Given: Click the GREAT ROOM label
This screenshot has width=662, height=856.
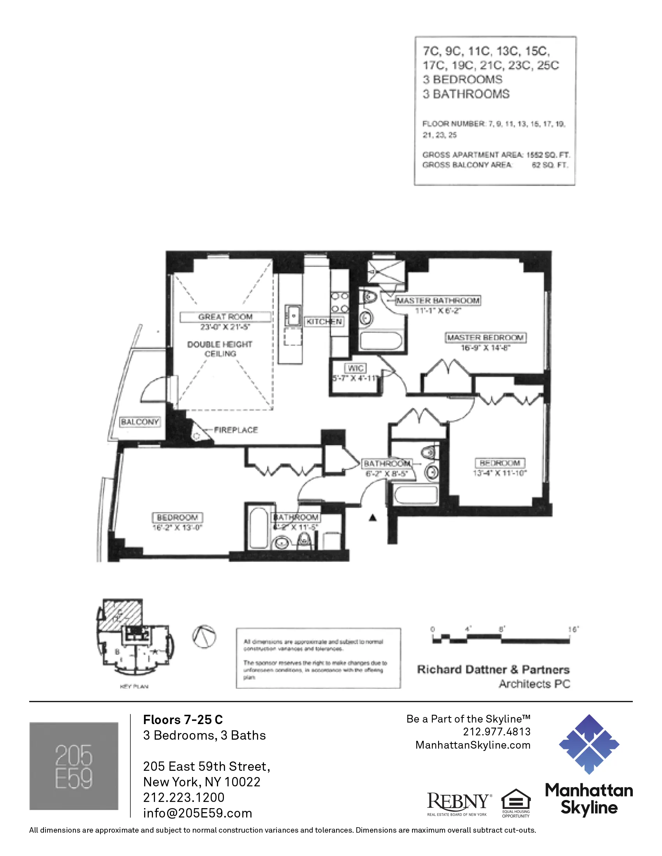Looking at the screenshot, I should [225, 317].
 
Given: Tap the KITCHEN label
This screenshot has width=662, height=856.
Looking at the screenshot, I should [324, 322].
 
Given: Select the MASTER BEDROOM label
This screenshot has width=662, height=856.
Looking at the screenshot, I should [486, 337].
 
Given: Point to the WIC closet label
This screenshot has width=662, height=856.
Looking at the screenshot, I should [355, 368].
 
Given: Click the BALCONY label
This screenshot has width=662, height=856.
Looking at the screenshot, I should [140, 422].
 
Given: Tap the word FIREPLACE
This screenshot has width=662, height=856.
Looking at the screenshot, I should [236, 430].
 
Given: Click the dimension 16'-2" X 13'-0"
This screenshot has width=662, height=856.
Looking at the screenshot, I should [177, 528].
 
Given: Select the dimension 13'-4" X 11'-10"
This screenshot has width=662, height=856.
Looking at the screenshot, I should [500, 473].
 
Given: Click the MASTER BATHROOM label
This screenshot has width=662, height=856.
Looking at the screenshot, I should [438, 301].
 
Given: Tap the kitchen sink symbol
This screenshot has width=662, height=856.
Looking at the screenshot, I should [292, 315].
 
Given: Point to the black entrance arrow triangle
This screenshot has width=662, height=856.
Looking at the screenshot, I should [373, 518].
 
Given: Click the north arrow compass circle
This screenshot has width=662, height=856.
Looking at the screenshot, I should [204, 637].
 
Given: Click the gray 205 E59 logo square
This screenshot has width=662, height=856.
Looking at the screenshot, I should [74, 766].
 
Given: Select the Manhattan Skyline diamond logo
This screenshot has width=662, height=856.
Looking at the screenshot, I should [589, 744].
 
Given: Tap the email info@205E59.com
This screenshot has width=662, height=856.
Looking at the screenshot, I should [197, 813].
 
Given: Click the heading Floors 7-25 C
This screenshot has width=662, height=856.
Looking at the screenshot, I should [183, 719].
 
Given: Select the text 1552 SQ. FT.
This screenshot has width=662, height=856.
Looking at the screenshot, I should [548, 155].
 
